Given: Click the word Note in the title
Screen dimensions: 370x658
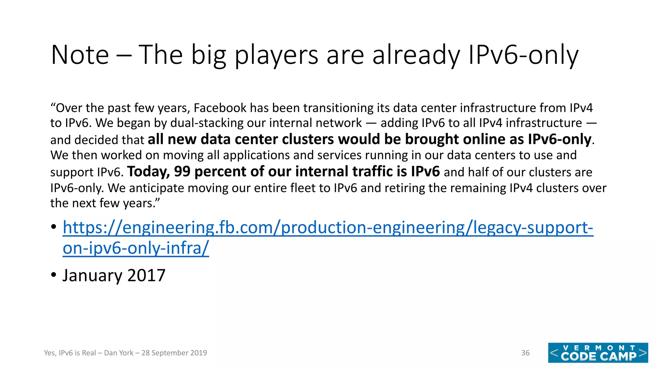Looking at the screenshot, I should click(80, 55).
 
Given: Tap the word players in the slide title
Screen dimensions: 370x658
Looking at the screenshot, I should click(277, 55).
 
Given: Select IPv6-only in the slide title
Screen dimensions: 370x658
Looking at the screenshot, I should click(523, 55).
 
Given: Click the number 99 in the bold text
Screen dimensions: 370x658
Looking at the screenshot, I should click(182, 172).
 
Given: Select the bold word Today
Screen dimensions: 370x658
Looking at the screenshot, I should click(148, 172).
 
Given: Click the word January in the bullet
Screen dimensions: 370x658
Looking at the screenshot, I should click(93, 275).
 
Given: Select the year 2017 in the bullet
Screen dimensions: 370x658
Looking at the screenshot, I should click(146, 275).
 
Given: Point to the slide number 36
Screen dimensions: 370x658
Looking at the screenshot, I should click(525, 353).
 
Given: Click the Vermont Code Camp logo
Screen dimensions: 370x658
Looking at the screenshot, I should click(598, 353).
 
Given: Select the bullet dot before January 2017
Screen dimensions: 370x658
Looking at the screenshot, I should click(54, 275).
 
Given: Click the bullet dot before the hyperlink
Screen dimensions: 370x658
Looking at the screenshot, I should click(54, 227).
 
